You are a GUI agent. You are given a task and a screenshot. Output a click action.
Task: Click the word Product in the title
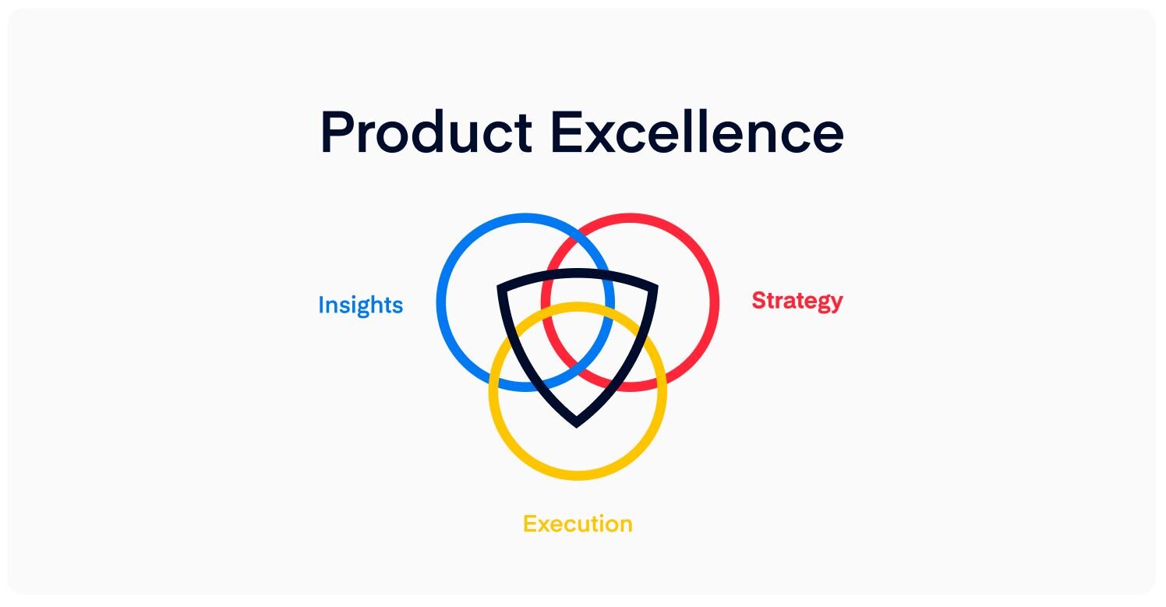coord(426,132)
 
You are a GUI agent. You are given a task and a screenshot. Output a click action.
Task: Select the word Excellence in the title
coord(697,132)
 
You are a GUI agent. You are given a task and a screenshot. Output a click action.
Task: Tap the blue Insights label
coord(361,305)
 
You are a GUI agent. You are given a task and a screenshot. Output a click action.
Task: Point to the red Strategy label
coord(797,301)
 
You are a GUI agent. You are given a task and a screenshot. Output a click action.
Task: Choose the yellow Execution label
coord(578,524)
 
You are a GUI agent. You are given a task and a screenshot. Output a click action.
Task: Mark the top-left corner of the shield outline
coord(498,286)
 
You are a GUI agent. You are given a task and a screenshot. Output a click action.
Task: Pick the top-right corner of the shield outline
coord(657,286)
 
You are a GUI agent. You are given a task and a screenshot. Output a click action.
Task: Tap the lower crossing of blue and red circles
coord(578,365)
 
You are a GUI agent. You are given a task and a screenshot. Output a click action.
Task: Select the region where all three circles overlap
coord(578,333)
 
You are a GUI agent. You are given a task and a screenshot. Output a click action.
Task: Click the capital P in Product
coord(338,132)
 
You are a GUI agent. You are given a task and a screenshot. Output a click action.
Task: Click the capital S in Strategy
coord(759,300)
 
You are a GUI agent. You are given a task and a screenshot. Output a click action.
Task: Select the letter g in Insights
coord(364,309)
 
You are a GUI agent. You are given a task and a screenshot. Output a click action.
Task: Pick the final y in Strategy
coord(836,304)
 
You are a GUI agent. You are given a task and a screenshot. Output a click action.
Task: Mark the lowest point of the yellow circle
coord(578,476)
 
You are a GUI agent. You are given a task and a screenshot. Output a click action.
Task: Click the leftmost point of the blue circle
coord(440,302)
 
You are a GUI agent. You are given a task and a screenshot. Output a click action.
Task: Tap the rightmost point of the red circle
coord(715,302)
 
